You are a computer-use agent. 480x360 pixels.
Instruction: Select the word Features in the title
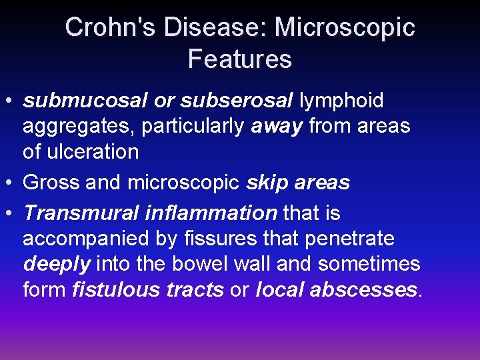(x=240, y=59)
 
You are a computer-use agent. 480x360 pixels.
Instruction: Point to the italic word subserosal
(x=237, y=101)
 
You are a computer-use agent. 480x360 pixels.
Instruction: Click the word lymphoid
(x=341, y=101)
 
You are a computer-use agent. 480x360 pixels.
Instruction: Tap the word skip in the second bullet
(x=269, y=183)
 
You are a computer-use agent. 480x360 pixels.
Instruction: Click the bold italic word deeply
(x=57, y=264)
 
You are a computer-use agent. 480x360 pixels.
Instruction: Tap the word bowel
(x=200, y=264)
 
